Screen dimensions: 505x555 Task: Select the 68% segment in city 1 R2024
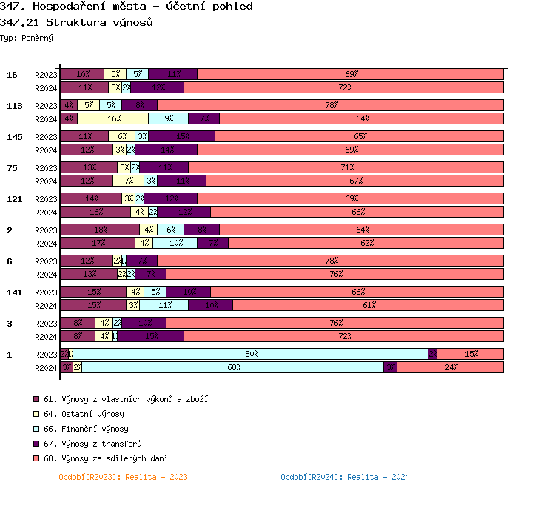[x=233, y=367]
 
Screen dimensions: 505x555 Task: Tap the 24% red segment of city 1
[x=450, y=367]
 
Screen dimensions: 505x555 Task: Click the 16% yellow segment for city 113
[x=113, y=118]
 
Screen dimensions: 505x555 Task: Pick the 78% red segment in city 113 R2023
[x=331, y=105]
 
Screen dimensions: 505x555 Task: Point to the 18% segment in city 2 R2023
[x=100, y=230]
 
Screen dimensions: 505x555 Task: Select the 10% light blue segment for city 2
[x=176, y=243]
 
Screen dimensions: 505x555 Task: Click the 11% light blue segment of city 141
[x=164, y=305]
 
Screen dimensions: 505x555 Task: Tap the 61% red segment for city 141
[x=368, y=305]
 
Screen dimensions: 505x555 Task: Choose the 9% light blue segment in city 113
[x=169, y=118]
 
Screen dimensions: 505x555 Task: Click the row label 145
[x=15, y=137]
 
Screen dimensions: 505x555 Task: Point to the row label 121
[x=15, y=199]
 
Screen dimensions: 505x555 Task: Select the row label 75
[x=12, y=168]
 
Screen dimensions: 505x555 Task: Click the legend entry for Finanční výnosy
[x=86, y=429]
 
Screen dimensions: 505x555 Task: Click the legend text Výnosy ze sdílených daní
[x=106, y=458]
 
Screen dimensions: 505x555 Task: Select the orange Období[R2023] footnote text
[x=123, y=477]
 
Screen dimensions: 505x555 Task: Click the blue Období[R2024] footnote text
[x=345, y=477]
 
